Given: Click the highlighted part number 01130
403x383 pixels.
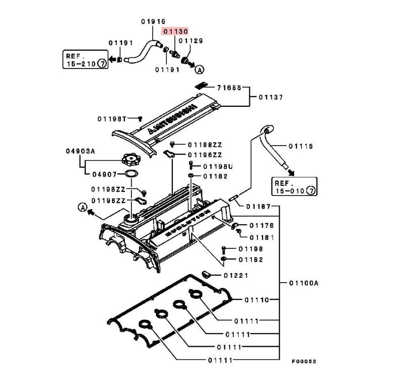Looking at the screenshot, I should (174, 31).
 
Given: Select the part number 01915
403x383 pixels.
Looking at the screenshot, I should (153, 21).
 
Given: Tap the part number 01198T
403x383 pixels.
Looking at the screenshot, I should (111, 119).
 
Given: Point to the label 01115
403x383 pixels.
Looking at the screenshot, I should (301, 146).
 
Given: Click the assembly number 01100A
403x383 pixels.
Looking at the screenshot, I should (304, 283).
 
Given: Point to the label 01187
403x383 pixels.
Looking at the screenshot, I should (258, 207).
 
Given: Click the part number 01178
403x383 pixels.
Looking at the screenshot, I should (261, 226).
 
